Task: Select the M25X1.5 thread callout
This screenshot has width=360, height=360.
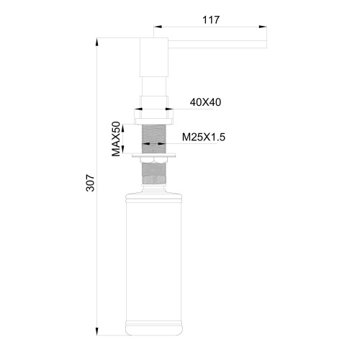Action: click(x=204, y=136)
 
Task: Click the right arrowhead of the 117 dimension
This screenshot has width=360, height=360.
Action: click(x=265, y=29)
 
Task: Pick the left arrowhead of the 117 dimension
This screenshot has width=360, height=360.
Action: click(x=157, y=29)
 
